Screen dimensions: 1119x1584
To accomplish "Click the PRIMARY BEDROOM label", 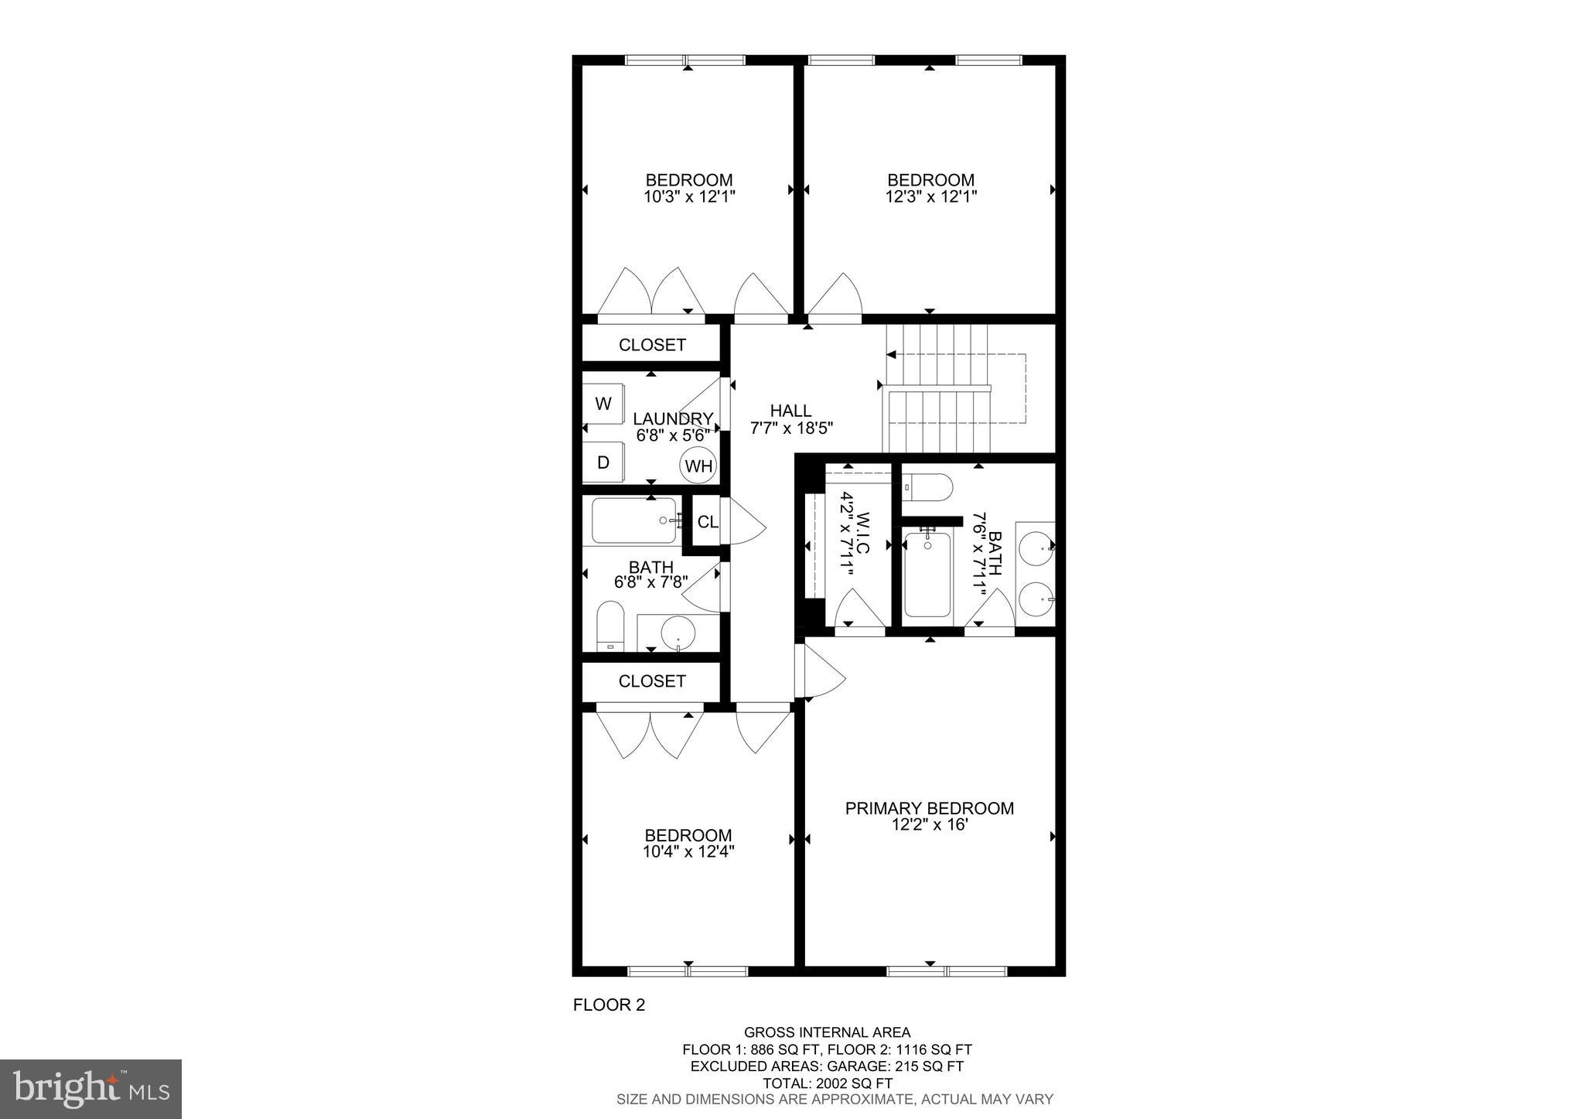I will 929,809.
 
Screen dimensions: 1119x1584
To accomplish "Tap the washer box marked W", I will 603,403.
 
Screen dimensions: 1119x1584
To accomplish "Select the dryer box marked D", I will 603,462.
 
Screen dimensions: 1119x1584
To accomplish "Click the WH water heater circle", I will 698,466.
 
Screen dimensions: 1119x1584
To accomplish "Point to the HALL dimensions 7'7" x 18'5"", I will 791,428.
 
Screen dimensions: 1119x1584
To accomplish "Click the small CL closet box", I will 707,522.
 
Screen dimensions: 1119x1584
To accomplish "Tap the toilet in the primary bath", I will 927,487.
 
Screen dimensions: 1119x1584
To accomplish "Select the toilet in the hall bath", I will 610,626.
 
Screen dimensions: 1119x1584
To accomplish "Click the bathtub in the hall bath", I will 634,521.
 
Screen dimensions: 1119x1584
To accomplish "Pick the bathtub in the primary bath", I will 927,575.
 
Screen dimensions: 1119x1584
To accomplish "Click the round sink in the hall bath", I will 678,633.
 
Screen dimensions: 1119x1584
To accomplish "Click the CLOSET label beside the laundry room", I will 652,345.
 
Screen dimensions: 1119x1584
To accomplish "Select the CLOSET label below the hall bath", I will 652,681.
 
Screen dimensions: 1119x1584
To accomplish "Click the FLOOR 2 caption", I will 609,1005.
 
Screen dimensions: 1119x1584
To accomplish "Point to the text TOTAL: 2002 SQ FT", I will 827,1083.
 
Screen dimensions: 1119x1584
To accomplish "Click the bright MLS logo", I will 90,1089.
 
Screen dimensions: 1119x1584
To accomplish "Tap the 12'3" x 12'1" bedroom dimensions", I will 930,197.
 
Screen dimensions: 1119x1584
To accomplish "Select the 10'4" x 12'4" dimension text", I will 688,852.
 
